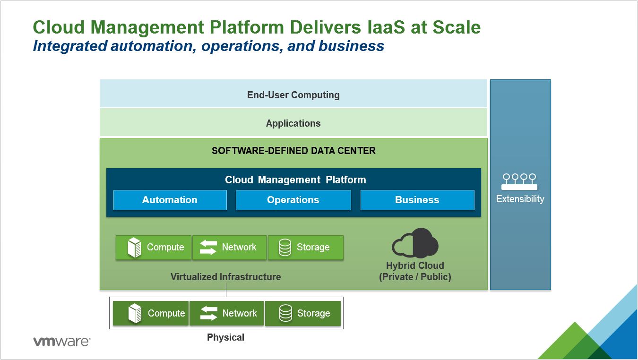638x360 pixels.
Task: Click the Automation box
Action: pos(170,200)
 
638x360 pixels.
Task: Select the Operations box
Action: pos(293,200)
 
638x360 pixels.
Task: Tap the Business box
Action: pos(417,200)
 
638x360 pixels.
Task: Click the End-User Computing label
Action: pos(293,95)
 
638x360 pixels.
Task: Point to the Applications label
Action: pos(293,123)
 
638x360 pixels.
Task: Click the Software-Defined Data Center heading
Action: pos(293,151)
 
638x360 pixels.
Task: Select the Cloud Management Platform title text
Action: pos(295,180)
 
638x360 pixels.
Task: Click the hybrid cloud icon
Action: pos(415,243)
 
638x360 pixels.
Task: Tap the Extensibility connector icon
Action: pos(519,181)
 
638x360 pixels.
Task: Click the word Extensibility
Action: pos(520,199)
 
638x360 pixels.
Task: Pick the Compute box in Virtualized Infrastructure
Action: pos(154,248)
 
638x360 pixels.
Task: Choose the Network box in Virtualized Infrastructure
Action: pos(229,248)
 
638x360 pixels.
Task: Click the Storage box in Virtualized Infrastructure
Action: pos(306,248)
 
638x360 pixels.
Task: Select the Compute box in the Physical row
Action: pos(151,313)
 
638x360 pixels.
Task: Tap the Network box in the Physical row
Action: pos(227,313)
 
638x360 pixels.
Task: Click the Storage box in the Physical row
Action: pos(303,313)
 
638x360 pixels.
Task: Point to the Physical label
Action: pos(225,337)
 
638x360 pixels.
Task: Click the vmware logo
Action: pos(62,342)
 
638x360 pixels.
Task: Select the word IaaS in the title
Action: pos(386,27)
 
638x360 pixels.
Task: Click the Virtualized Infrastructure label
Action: pos(225,277)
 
